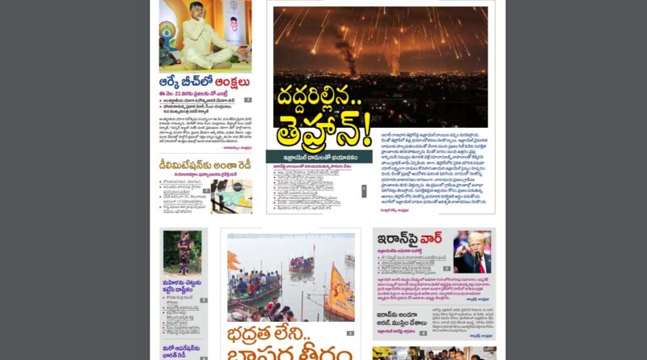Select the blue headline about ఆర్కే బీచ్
point(204,83)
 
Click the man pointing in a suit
point(473,252)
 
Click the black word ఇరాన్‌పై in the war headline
point(396,240)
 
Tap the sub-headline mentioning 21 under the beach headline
point(198,94)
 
